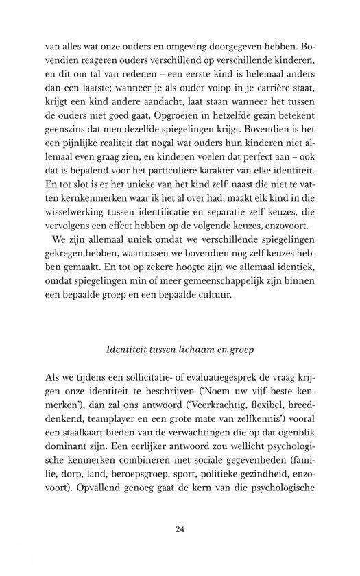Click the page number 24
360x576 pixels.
point(180,529)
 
